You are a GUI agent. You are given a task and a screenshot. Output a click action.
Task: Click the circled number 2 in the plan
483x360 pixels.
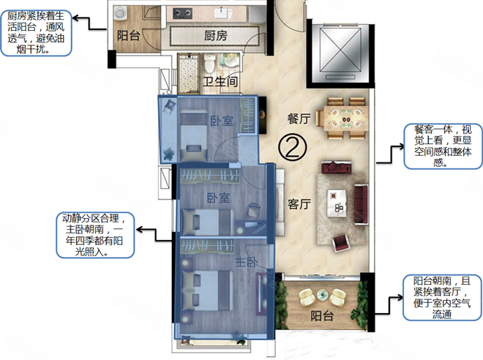click(292, 148)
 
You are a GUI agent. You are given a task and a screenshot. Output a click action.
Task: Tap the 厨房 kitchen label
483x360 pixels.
click(216, 36)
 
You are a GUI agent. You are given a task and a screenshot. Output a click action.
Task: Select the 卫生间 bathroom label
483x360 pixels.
click(220, 82)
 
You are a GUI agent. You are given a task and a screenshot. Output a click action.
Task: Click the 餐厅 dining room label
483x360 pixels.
click(299, 119)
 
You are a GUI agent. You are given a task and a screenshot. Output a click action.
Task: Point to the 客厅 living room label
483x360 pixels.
click(299, 204)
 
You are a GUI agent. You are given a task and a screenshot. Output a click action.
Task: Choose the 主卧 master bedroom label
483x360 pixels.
click(247, 263)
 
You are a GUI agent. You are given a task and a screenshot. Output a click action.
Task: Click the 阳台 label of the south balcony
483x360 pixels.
click(322, 315)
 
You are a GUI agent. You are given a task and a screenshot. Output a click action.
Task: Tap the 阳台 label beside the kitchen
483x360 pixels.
click(129, 36)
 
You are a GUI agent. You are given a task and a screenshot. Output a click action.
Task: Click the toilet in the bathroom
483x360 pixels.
click(210, 62)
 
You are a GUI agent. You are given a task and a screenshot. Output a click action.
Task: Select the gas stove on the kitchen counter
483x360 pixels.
click(182, 13)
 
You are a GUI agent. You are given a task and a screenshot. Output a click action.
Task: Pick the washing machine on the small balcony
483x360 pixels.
click(119, 14)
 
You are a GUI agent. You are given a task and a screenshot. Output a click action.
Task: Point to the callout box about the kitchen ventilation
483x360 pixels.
click(37, 33)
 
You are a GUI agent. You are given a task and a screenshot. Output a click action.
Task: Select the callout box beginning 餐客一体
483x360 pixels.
click(443, 146)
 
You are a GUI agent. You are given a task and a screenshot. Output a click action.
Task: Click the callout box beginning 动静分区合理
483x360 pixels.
click(95, 235)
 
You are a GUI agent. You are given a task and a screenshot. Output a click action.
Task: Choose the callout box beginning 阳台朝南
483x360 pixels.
click(442, 298)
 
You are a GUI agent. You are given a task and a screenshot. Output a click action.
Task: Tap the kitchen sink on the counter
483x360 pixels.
click(220, 13)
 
